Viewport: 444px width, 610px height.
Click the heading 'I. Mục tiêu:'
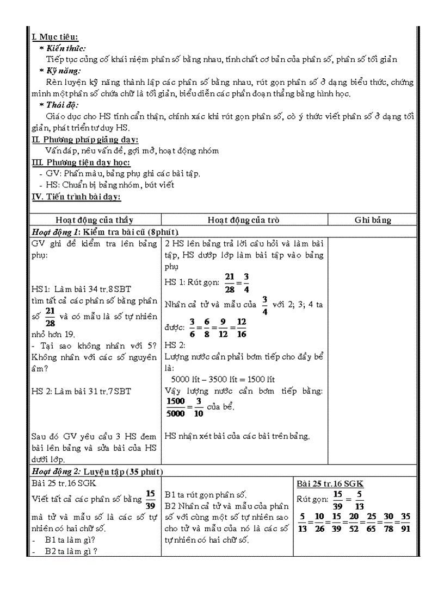pyautogui.click(x=55, y=37)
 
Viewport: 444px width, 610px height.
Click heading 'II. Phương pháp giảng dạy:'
pyautogui.click(x=85, y=140)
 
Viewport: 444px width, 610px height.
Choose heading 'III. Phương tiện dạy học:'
pyautogui.click(x=81, y=162)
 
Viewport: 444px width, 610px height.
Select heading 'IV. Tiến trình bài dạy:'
pyautogui.click(x=77, y=197)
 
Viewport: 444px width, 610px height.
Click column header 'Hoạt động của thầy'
pyautogui.click(x=94, y=220)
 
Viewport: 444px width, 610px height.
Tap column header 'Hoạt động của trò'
pyautogui.click(x=243, y=220)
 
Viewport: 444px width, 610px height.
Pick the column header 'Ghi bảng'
pyautogui.click(x=373, y=220)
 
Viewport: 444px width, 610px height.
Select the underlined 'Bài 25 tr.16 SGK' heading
pyautogui.click(x=330, y=483)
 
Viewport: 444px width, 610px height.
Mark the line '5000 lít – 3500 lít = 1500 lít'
pyautogui.click(x=223, y=379)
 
